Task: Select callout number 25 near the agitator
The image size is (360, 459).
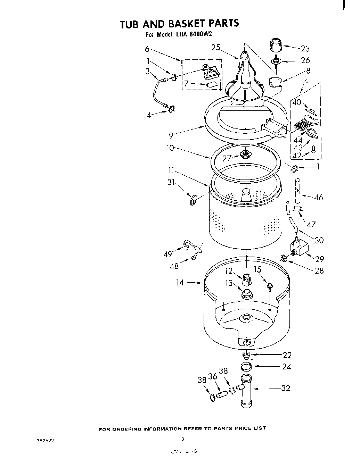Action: (216, 48)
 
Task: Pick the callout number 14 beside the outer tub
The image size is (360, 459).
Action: (180, 283)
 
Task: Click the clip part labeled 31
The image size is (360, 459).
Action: (193, 200)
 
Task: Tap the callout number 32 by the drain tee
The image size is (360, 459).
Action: (286, 388)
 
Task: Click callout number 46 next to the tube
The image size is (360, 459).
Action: (318, 198)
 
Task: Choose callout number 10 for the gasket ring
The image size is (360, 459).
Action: (170, 148)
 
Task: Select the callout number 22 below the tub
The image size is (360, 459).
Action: (287, 355)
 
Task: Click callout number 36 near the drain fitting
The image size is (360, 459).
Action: (212, 377)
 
